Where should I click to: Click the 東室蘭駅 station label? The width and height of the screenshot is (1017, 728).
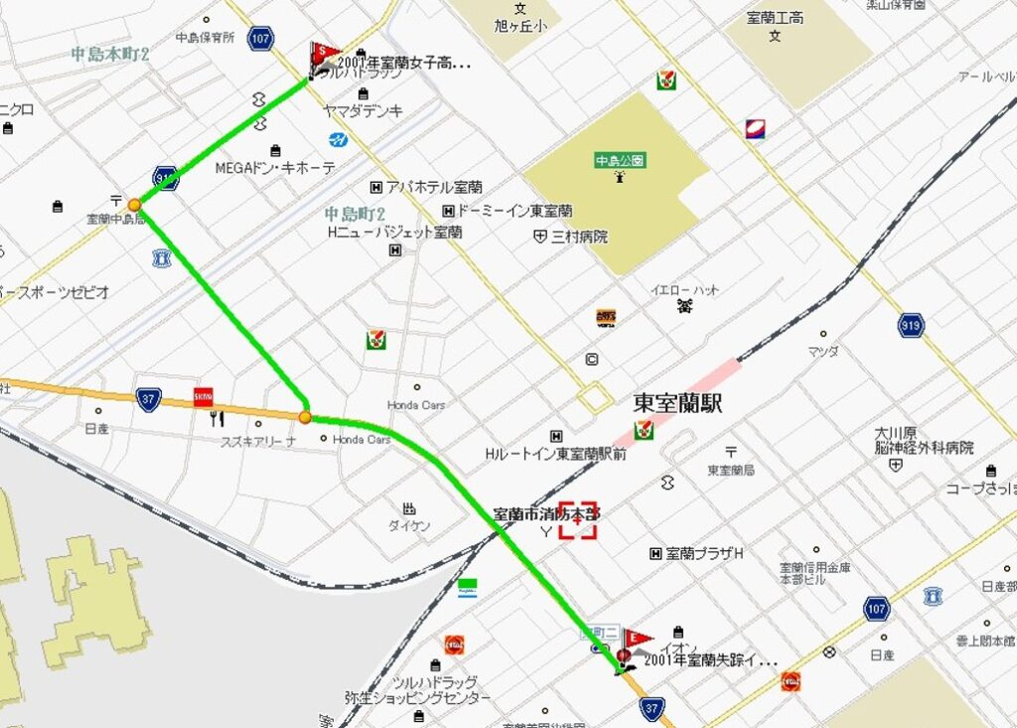click(677, 404)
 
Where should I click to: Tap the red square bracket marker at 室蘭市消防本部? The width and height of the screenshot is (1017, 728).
click(577, 519)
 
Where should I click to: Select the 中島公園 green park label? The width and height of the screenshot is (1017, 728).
click(620, 159)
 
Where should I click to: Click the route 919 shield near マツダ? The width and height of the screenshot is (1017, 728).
click(911, 325)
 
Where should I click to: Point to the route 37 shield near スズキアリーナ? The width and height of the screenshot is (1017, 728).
click(150, 398)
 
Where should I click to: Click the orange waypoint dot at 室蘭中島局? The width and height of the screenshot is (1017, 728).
click(134, 206)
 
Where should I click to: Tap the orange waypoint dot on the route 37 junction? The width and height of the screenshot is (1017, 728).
click(305, 417)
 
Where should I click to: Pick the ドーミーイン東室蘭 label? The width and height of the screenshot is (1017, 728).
click(514, 211)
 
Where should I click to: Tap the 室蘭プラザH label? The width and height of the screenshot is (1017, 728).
click(704, 553)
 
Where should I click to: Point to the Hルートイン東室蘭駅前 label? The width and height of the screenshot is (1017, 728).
click(555, 454)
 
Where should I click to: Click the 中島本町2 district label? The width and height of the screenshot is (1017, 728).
click(109, 54)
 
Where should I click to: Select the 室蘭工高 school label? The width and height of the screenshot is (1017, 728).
click(775, 18)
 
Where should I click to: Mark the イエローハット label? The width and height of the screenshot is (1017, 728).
click(685, 290)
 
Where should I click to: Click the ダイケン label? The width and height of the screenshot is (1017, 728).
click(409, 526)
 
